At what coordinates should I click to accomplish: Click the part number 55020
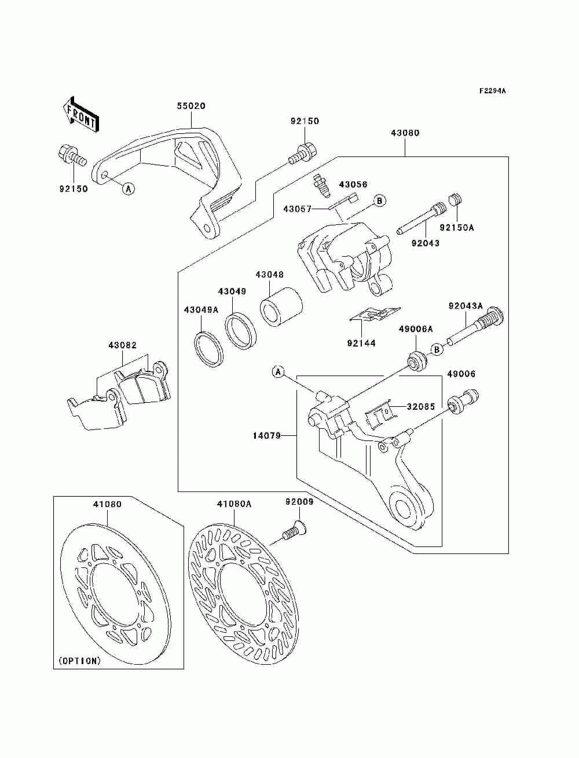pos(191,107)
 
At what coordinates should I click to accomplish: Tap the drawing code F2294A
pos(492,91)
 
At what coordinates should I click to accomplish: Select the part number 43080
pos(405,133)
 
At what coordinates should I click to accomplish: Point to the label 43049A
pos(201,310)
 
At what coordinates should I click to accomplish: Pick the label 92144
pos(361,343)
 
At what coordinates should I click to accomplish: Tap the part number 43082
pos(122,345)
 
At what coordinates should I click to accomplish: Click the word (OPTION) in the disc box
pos(79,660)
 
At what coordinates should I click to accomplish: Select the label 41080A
pos(234,504)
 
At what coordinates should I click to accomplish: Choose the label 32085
pos(420,407)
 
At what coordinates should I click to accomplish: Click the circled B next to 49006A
pos(437,349)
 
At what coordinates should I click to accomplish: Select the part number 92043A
pos(466,306)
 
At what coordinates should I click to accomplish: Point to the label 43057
pos(298,209)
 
